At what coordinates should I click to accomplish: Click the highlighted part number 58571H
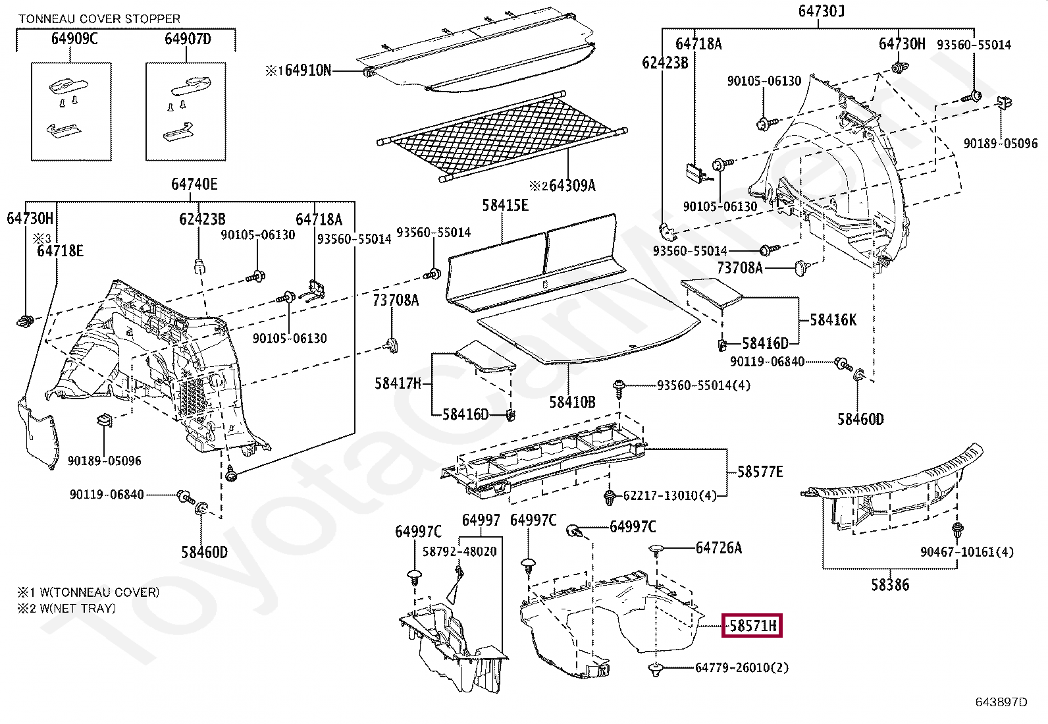pyautogui.click(x=752, y=625)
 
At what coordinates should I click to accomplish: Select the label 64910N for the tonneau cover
pyautogui.click(x=307, y=70)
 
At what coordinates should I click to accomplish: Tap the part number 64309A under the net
pyautogui.click(x=571, y=185)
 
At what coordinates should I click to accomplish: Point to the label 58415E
pyautogui.click(x=505, y=205)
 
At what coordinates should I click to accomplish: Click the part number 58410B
pyautogui.click(x=572, y=401)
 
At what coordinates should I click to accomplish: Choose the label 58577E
pyautogui.click(x=760, y=472)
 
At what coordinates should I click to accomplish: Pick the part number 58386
pyautogui.click(x=890, y=584)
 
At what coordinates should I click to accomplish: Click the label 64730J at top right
pyautogui.click(x=821, y=11)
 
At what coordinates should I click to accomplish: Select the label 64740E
pyautogui.click(x=194, y=184)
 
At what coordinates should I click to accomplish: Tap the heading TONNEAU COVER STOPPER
pyautogui.click(x=99, y=19)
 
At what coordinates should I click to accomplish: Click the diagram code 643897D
pyautogui.click(x=1001, y=702)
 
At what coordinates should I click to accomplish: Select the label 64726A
pyautogui.click(x=718, y=547)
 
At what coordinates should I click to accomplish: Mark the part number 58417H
pyautogui.click(x=398, y=383)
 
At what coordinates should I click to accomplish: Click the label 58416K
pyautogui.click(x=833, y=320)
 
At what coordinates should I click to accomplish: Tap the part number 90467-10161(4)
pyautogui.click(x=966, y=551)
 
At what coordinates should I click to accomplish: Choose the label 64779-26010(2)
pyautogui.click(x=741, y=667)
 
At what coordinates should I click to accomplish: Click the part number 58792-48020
pyautogui.click(x=459, y=551)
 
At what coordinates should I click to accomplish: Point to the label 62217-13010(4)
pyautogui.click(x=669, y=495)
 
